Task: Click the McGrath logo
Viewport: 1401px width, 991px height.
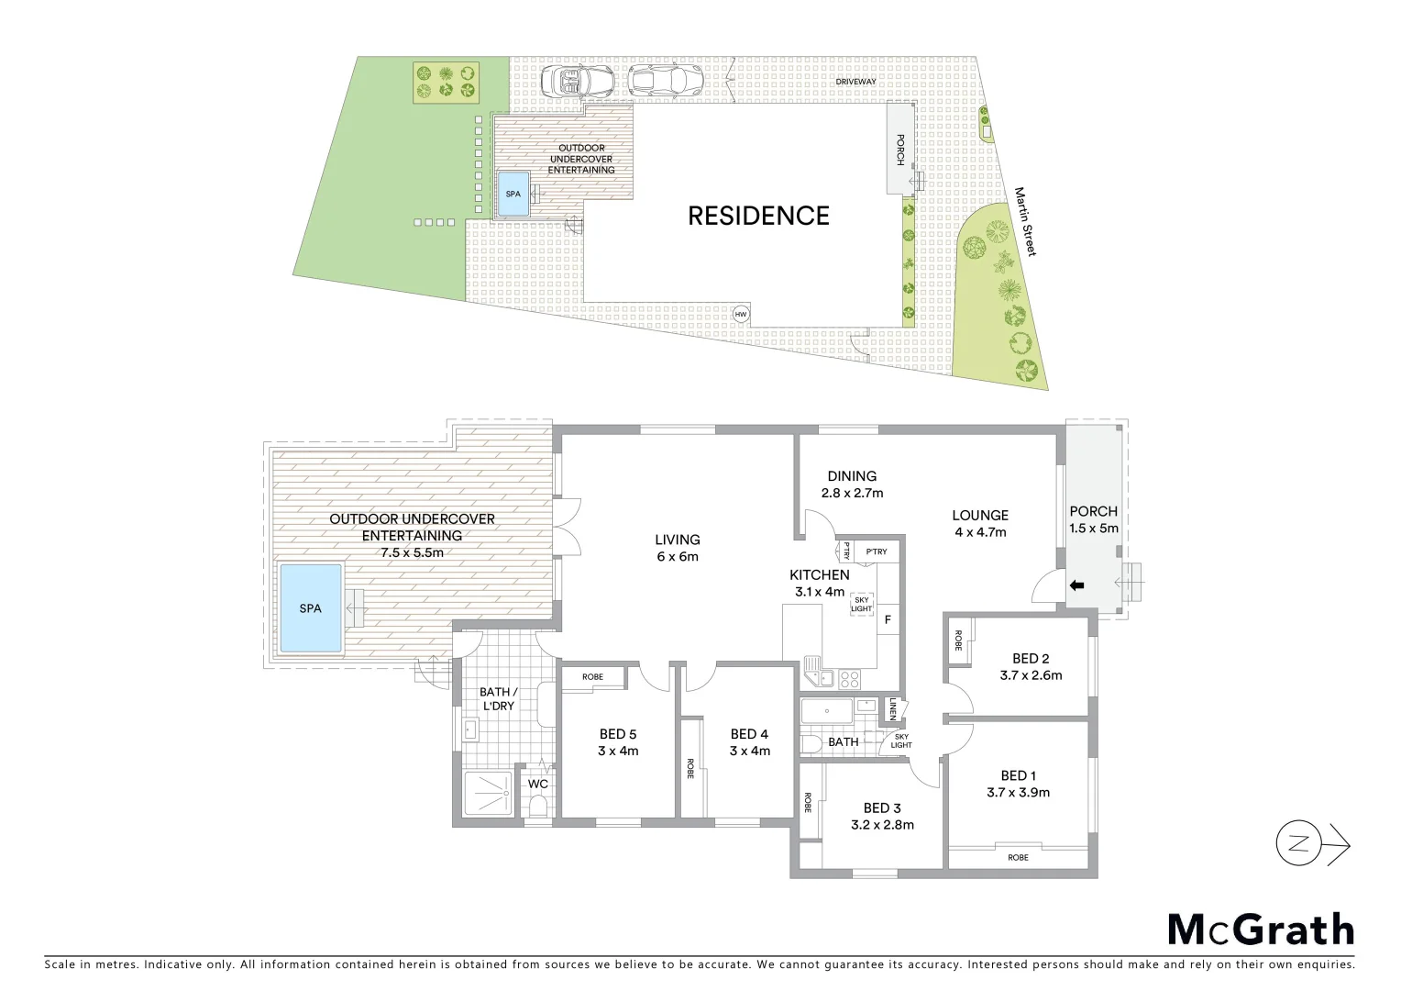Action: (x=1261, y=930)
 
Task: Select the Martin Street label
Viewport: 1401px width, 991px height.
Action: (x=1024, y=222)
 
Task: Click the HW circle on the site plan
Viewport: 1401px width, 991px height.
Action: (x=741, y=315)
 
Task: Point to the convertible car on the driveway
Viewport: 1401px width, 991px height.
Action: (x=577, y=82)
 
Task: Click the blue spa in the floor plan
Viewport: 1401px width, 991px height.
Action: (x=311, y=608)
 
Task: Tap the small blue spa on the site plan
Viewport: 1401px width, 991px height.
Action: (x=513, y=194)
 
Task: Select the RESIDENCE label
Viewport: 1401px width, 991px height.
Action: (x=758, y=216)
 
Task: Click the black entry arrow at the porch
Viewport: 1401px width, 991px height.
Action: (x=1077, y=585)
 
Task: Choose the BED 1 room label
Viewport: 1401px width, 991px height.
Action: (x=1018, y=775)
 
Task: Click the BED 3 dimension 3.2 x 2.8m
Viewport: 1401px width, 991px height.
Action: (x=882, y=825)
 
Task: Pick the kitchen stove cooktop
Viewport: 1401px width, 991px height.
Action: (x=850, y=679)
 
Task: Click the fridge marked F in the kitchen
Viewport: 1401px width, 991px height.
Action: (x=888, y=620)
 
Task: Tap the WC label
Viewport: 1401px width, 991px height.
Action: (x=538, y=785)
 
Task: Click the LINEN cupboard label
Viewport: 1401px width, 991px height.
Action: (x=892, y=709)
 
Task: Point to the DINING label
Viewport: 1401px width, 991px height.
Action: (x=852, y=476)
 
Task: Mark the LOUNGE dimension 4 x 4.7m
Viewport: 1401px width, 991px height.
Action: (x=980, y=532)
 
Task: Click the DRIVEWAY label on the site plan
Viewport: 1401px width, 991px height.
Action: (x=855, y=82)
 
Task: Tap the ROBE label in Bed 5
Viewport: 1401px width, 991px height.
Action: (x=592, y=677)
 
